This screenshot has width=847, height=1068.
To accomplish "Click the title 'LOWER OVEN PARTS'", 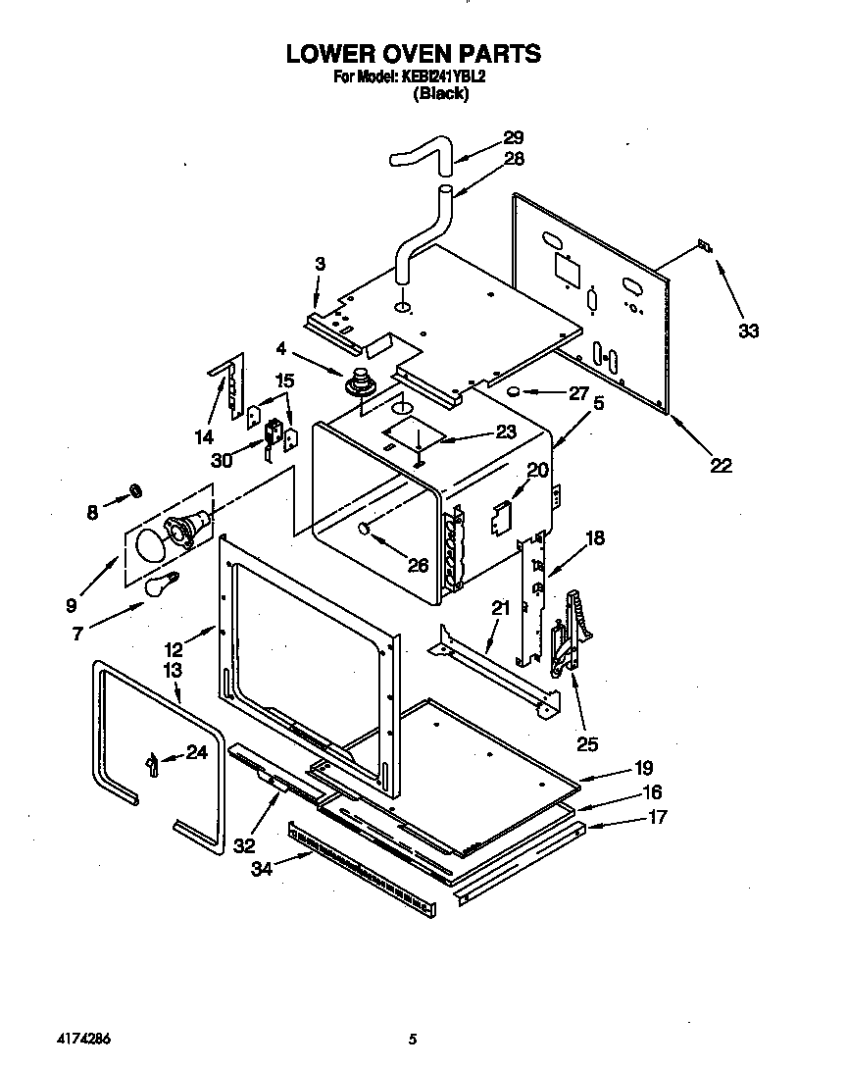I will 413,53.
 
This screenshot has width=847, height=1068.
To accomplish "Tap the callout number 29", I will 514,138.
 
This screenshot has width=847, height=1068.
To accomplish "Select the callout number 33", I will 748,331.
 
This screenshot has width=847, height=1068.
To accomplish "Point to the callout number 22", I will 721,466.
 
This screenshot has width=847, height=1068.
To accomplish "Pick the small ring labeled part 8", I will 137,489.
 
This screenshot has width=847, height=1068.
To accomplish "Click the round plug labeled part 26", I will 363,530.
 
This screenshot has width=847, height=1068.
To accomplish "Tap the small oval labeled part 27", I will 512,394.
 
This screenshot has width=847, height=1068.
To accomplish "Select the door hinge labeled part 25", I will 570,633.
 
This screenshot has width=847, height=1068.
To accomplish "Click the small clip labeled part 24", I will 152,763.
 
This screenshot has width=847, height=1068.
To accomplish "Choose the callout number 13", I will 173,670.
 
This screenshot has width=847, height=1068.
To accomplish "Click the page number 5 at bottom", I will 414,1039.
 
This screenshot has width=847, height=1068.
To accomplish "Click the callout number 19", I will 643,768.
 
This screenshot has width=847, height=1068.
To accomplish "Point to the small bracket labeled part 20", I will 501,516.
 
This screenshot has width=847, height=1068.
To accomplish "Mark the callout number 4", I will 281,347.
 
